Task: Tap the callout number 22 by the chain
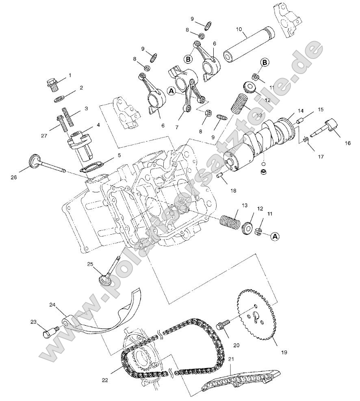tap(105, 380)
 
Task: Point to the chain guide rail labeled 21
tap(240, 381)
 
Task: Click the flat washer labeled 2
tap(59, 99)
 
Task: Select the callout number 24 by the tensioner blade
tap(52, 305)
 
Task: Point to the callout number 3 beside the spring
tap(86, 109)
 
